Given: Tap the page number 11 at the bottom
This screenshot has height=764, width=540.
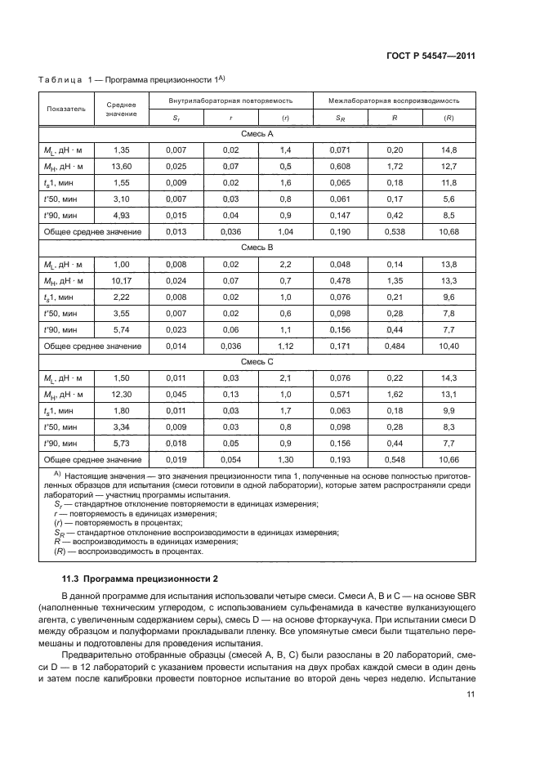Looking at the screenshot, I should pos(471,695).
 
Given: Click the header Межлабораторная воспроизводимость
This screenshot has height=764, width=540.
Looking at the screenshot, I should pos(394,100).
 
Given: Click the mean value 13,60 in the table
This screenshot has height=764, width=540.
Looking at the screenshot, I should pos(121,167).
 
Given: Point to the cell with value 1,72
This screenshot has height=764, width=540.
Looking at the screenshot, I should pos(394,167).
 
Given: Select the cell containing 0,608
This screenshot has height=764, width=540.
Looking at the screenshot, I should pos(340,167).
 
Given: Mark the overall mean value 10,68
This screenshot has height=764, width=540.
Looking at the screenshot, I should pos(449,232).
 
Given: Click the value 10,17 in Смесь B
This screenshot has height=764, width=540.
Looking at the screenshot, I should pos(121,281).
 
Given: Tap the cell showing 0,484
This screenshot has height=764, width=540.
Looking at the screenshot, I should pos(394,346).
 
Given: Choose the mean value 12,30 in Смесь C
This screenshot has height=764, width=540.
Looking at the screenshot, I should pos(121,395).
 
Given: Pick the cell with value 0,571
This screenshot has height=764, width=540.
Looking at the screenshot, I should pos(340,395).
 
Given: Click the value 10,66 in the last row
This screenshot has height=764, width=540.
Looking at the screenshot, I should pos(449,460).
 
